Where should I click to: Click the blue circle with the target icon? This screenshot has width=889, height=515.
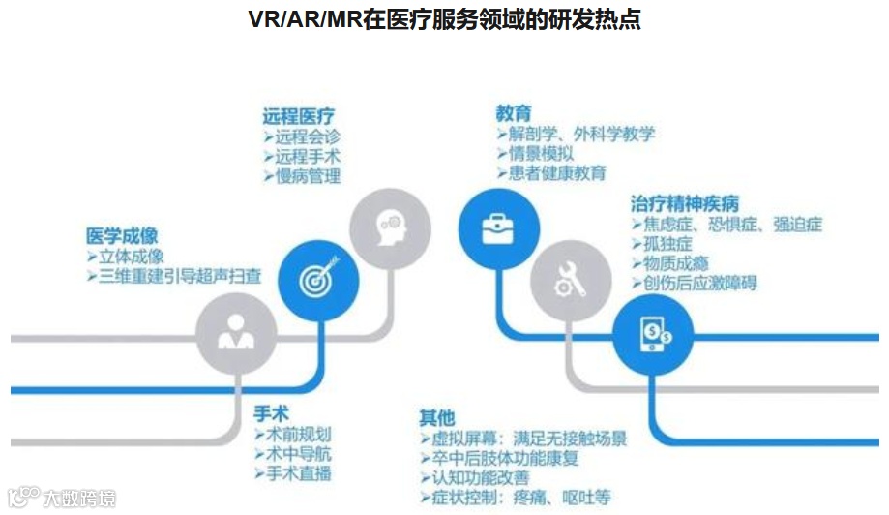tap(312, 280)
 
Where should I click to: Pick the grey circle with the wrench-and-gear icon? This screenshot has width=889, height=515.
tap(565, 280)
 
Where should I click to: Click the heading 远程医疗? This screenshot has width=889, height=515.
tap(299, 115)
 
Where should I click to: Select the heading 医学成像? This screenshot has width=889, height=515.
tap(122, 234)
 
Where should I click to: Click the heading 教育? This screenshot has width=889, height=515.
tap(514, 112)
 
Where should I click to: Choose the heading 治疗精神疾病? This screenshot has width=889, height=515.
tap(685, 203)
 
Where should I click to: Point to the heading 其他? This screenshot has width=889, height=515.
tap(436, 417)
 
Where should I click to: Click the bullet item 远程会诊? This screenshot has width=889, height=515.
tap(306, 136)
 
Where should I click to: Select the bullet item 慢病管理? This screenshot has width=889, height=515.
tap(306, 177)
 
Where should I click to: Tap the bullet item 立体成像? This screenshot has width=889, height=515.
tap(130, 257)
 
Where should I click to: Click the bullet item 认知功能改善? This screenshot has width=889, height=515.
tap(482, 478)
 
